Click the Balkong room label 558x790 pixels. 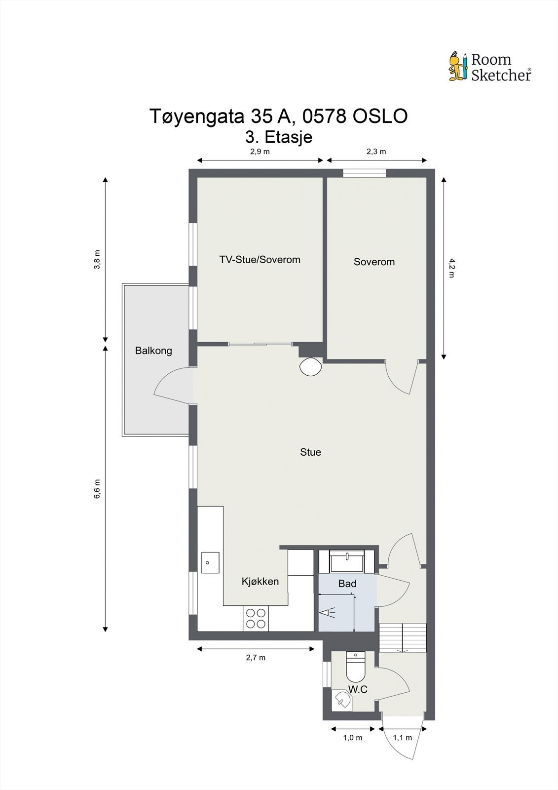(x=153, y=351)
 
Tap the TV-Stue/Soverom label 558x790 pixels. (x=260, y=260)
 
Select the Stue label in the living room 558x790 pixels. (x=310, y=452)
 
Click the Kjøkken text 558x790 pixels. (x=260, y=581)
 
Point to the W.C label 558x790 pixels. (x=358, y=689)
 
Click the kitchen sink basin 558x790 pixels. (x=210, y=562)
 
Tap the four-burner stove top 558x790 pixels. (x=256, y=618)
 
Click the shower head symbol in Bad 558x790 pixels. (x=327, y=613)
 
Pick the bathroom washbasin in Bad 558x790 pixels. (x=347, y=561)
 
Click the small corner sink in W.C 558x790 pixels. (x=341, y=700)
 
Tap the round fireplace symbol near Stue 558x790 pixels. (x=310, y=366)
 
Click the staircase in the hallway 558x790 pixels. (x=402, y=637)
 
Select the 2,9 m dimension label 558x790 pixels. (x=260, y=152)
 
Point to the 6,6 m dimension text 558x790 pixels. (x=97, y=489)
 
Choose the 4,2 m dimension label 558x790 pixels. (x=451, y=268)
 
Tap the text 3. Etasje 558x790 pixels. (x=279, y=136)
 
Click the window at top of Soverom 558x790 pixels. (x=365, y=173)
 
